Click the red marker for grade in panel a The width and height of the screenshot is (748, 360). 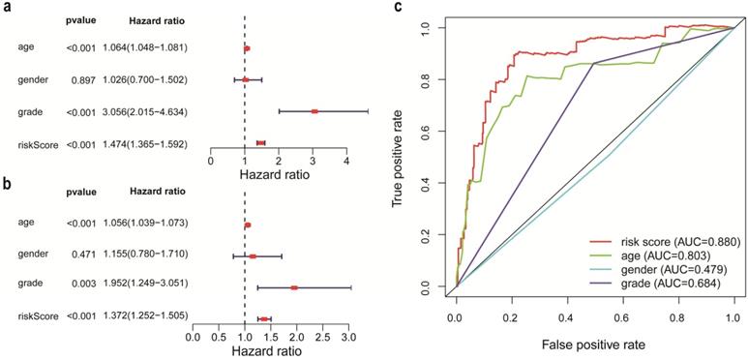[x=314, y=111]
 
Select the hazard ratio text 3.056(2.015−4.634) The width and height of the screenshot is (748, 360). [x=144, y=111]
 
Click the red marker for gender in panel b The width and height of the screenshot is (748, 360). [x=253, y=256]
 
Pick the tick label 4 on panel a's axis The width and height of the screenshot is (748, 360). [x=346, y=161]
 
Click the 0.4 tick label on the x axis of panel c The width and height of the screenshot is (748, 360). [x=567, y=315]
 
